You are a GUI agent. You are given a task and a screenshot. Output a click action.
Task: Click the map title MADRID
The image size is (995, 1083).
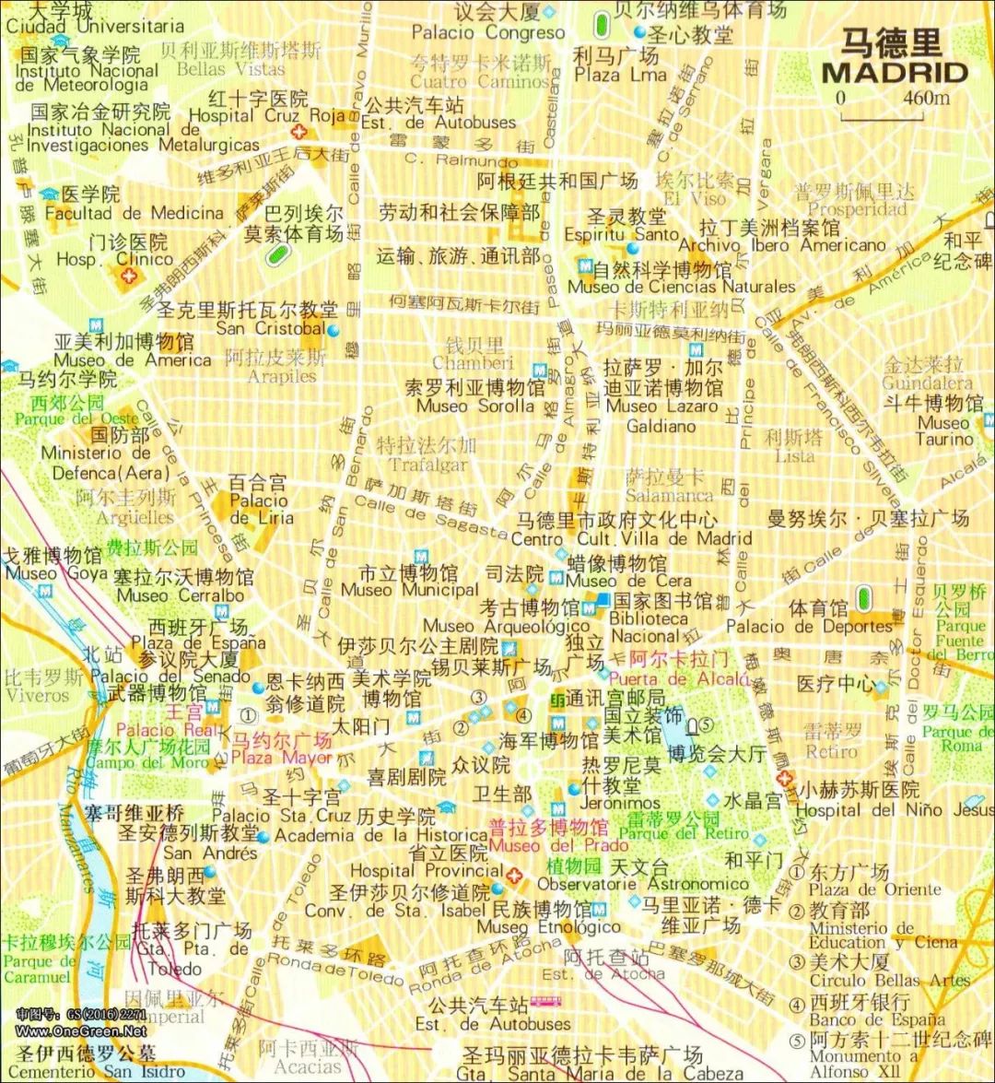coord(894,73)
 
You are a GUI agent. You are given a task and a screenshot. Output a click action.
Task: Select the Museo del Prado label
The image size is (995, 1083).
coord(558,845)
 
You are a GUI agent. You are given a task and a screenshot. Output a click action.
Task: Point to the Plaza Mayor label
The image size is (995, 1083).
coord(281,758)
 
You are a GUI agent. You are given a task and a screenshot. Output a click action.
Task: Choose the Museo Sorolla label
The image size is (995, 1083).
coord(474,406)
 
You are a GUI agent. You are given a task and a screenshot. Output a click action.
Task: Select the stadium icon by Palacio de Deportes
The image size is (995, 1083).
coord(863,598)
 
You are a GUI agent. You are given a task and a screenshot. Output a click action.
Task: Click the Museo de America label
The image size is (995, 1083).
coord(132,360)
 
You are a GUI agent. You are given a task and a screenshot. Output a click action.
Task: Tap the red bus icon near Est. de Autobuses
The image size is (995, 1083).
coord(546,1002)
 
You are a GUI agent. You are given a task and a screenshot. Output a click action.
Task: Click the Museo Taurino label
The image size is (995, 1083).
coord(944,431)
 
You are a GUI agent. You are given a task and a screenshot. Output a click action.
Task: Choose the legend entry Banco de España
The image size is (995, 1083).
coord(877,1019)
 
